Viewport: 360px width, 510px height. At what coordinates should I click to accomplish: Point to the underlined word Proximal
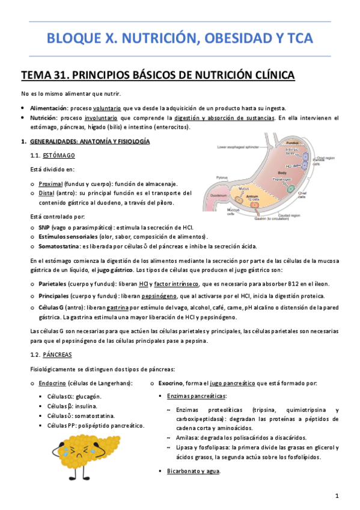pos(46,183)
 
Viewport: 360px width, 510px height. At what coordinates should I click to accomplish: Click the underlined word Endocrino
pos(52,383)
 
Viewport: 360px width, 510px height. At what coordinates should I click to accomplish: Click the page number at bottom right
pos(338,496)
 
